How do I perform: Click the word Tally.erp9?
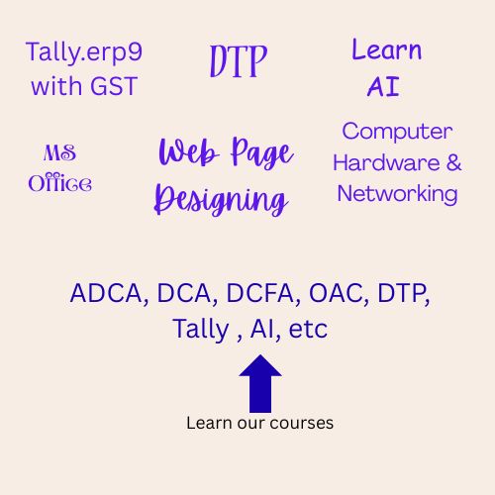click(x=83, y=52)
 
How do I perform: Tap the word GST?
click(x=111, y=86)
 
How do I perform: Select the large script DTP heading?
click(x=239, y=61)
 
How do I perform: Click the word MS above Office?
click(x=60, y=153)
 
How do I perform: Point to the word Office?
click(x=60, y=182)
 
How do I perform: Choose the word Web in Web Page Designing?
click(x=188, y=154)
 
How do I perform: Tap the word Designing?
click(x=221, y=199)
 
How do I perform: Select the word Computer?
click(x=397, y=131)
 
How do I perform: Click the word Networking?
click(x=397, y=192)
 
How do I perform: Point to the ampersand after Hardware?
click(x=451, y=161)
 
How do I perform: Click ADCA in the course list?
click(x=104, y=294)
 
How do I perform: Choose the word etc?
click(x=308, y=328)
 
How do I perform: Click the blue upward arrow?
click(x=259, y=382)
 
